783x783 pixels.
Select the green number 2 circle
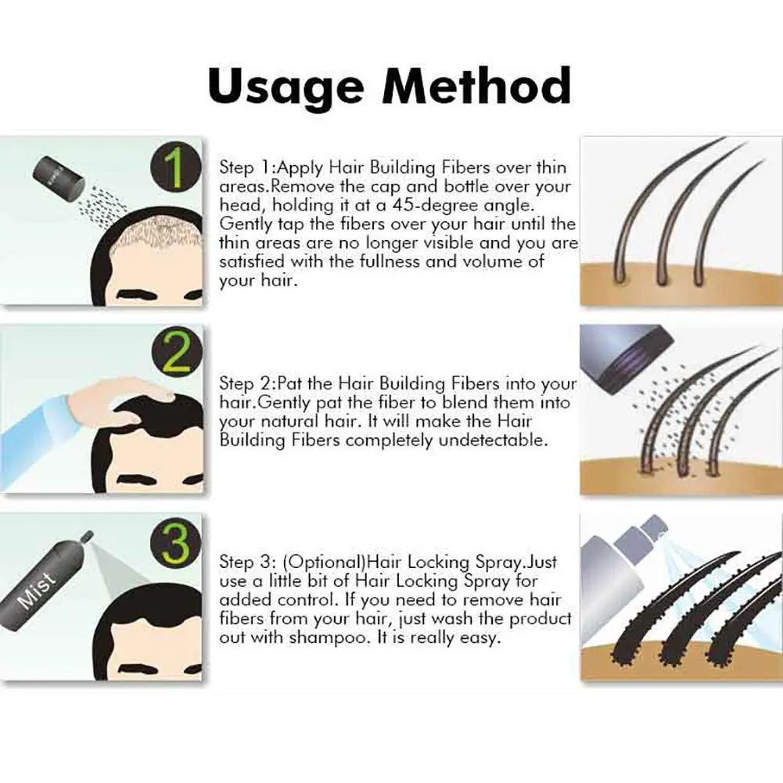point(177,354)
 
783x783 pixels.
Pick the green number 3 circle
point(177,542)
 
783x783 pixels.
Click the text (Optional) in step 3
point(325,562)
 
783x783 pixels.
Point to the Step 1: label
point(247,167)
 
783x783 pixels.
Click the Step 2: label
point(247,383)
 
